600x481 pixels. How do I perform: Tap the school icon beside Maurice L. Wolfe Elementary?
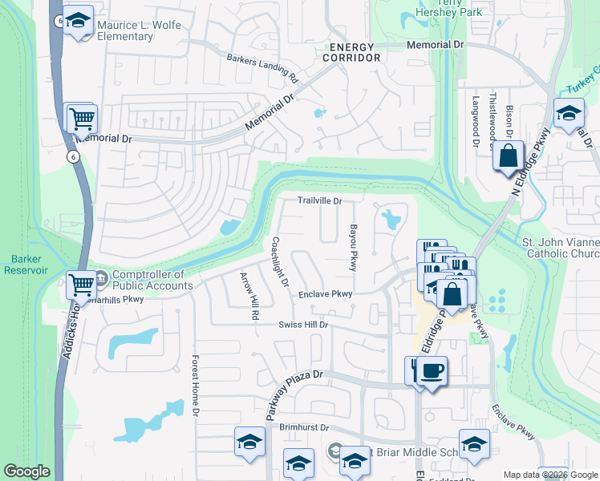point(78,23)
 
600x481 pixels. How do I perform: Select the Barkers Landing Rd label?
point(262,69)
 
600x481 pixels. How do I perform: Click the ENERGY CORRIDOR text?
point(349,53)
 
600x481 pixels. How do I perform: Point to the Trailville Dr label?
point(320,201)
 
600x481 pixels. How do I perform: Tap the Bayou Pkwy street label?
point(351,248)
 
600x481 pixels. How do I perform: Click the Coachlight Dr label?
point(279,262)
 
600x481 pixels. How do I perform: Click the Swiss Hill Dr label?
point(304,325)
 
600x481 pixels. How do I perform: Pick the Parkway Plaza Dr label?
point(294,391)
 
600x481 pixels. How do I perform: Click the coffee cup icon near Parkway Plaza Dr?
point(432,370)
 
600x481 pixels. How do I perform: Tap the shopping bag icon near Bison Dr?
point(509,156)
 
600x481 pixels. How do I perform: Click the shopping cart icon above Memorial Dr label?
point(81,119)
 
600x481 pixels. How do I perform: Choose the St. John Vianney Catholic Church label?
point(560,248)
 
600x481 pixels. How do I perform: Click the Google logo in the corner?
point(26,471)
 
